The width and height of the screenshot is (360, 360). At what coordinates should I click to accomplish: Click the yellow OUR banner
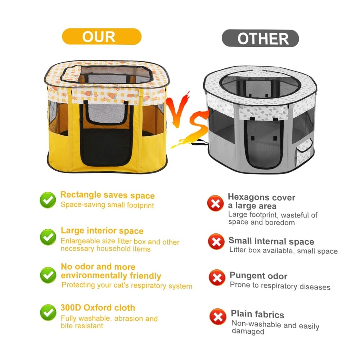pos(102,36)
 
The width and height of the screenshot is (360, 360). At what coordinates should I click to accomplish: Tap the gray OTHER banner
pos(260,39)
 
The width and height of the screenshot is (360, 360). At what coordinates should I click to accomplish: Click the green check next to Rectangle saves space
pos(48,200)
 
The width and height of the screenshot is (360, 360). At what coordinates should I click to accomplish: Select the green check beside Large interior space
pos(48,237)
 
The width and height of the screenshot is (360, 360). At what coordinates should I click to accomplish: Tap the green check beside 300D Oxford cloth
pos(48,312)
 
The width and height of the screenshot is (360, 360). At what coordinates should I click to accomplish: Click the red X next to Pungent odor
pos(217,278)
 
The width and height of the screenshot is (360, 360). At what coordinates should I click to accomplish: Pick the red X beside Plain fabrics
pos(218,316)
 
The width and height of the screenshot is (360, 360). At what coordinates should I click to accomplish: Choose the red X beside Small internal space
pos(216,242)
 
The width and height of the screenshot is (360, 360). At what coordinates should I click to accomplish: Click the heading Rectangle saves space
pos(107,195)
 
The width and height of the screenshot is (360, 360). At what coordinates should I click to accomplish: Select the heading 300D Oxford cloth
pos(98,308)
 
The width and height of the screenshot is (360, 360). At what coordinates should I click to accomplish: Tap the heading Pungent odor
pos(258,275)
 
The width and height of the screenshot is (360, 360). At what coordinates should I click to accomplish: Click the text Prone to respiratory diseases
pos(280,286)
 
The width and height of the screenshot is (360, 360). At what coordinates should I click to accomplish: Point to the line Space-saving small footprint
pos(107,205)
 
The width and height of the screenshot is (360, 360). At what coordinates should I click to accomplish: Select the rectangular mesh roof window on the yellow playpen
pos(107,74)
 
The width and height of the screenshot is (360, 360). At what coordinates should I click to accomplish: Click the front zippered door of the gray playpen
pos(264,144)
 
